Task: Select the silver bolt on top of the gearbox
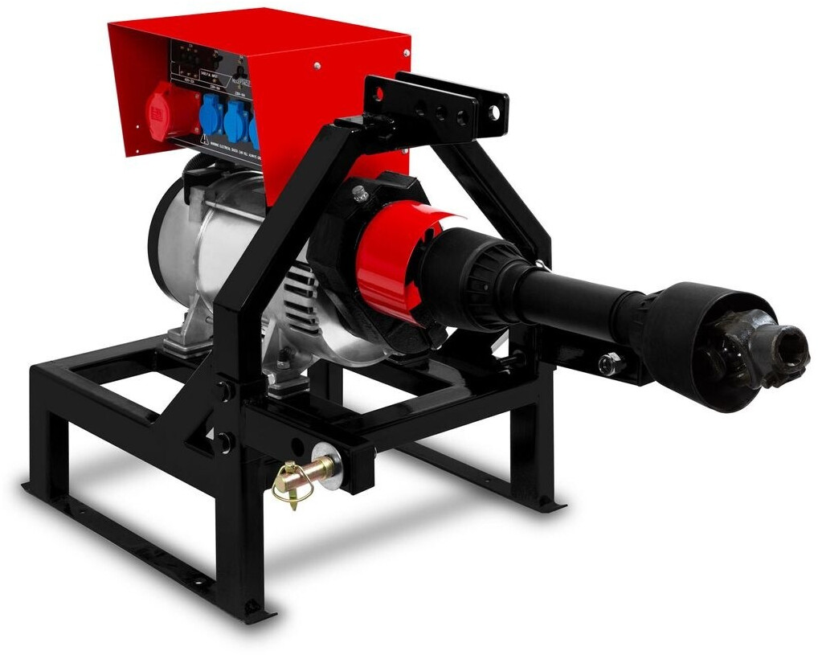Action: point(360,193)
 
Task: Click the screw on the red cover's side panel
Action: point(317,67)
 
